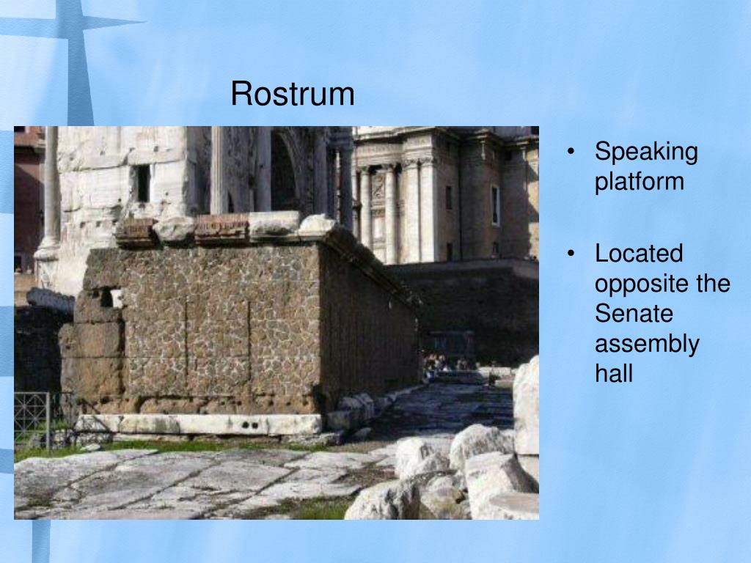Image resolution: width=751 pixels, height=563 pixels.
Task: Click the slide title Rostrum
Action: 292,94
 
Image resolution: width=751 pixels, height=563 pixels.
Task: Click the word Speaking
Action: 645,152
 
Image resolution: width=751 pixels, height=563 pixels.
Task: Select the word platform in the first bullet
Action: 639,182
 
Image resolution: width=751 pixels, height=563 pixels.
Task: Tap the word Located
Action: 639,254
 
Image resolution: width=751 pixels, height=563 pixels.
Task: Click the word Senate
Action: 634,314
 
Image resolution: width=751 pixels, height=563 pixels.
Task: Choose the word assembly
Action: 647,344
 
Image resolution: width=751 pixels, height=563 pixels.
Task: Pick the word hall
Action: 613,373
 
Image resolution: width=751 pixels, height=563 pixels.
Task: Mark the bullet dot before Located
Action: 571,255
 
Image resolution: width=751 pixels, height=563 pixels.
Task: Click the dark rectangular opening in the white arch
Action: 143,183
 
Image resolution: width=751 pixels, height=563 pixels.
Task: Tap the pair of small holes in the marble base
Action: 251,424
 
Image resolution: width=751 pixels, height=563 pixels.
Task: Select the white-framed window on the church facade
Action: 495,205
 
